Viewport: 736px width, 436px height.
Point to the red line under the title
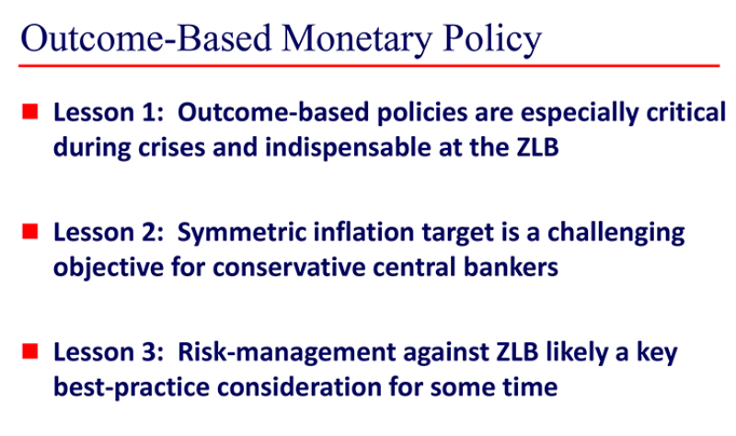point(368,65)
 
